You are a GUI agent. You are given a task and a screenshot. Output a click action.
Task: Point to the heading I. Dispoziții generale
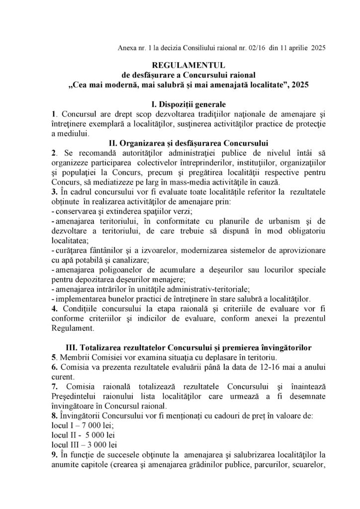(180, 104)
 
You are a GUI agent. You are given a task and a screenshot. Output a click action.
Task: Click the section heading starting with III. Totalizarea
(180, 346)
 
